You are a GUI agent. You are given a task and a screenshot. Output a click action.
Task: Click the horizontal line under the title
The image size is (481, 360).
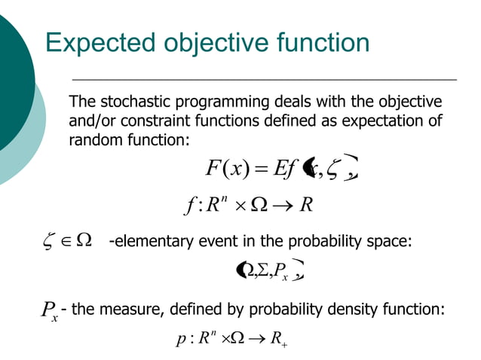coord(264,79)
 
